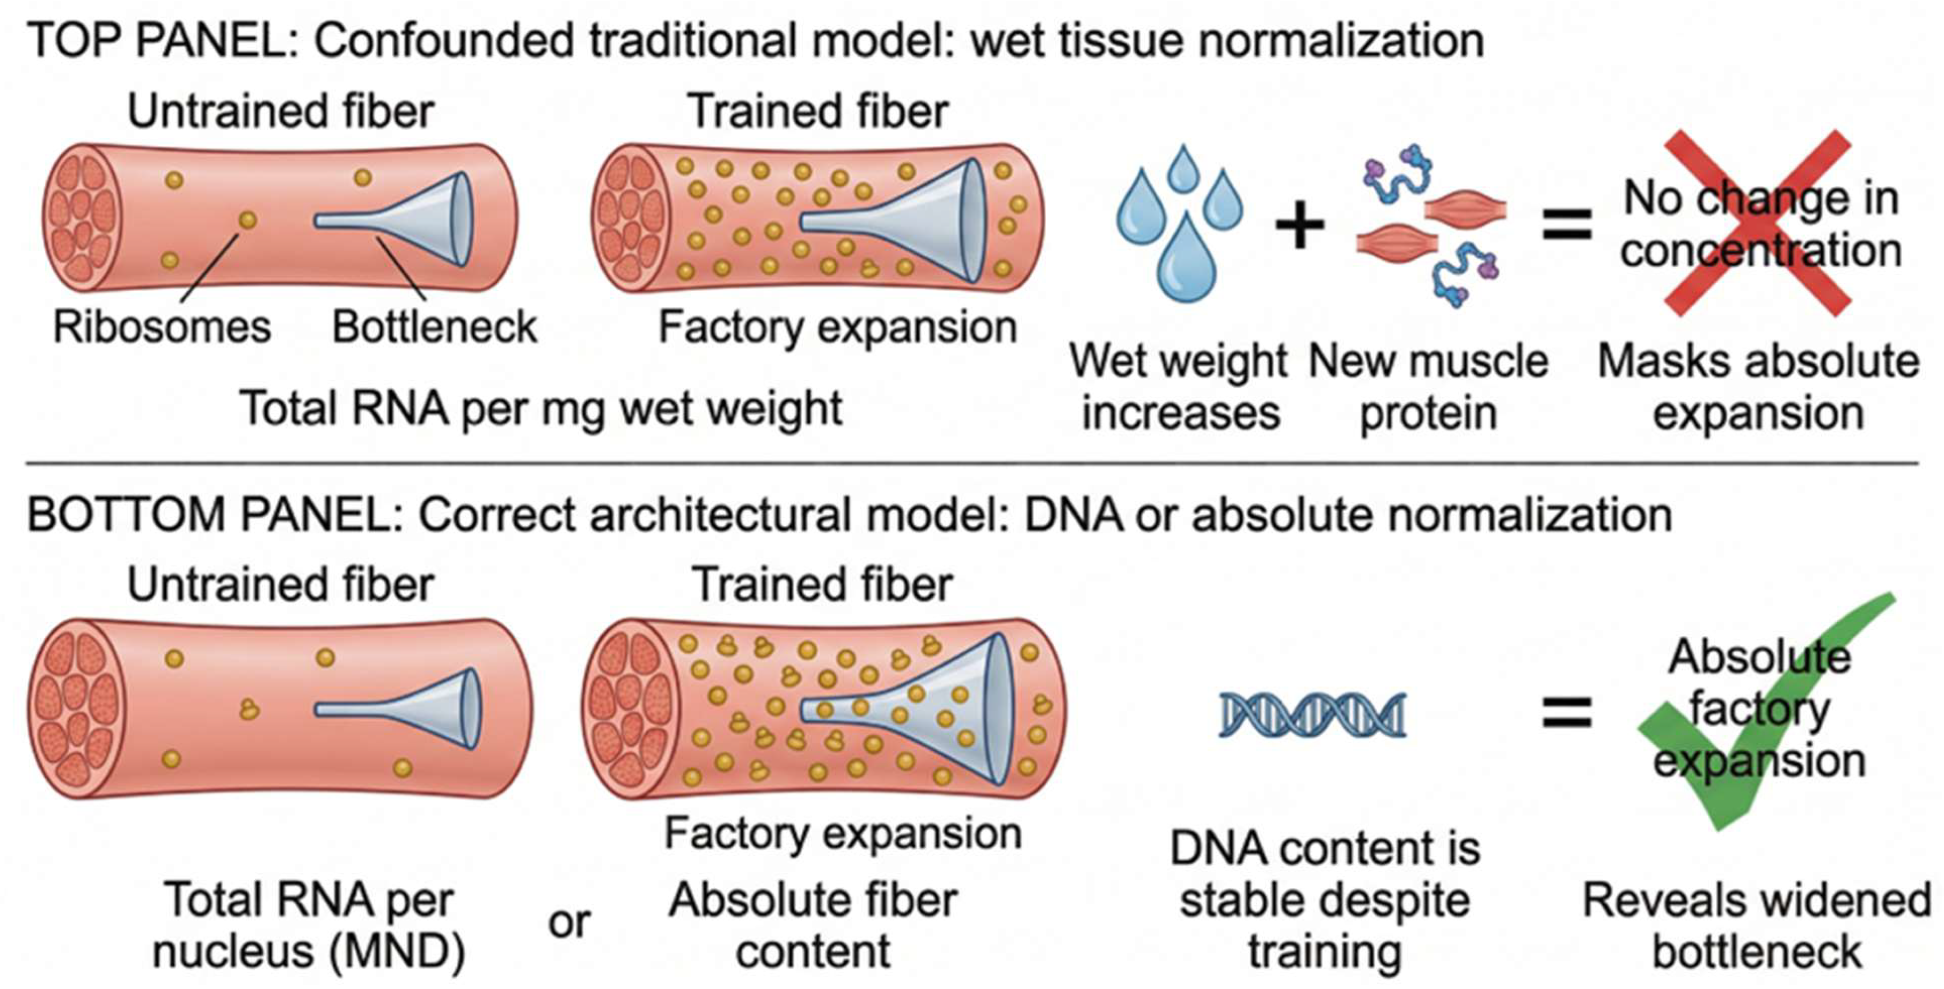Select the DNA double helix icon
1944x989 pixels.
coord(1313,714)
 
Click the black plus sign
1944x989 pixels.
coord(1299,225)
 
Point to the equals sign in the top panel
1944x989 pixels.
coord(1567,225)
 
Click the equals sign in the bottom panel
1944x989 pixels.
coord(1567,712)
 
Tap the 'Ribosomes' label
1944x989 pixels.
coord(162,327)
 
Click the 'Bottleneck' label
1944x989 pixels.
coord(435,327)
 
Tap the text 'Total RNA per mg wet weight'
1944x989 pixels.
coord(540,409)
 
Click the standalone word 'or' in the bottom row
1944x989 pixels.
coord(569,922)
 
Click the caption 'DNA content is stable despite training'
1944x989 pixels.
coord(1325,899)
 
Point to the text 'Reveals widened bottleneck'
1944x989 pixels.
coord(1757,925)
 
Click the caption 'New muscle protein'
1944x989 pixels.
coord(1428,386)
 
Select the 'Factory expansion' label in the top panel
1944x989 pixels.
coord(838,327)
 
